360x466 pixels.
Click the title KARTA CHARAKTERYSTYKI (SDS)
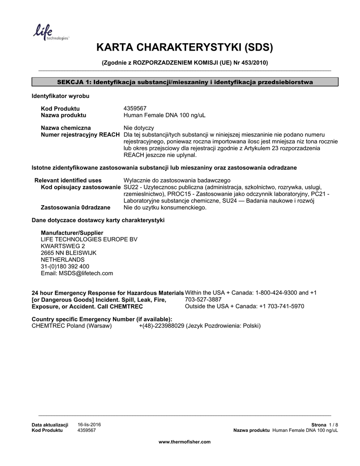click(184, 48)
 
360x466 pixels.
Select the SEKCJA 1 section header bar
click(184, 82)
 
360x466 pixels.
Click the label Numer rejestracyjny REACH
click(81, 135)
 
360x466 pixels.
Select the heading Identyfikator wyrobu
click(60, 96)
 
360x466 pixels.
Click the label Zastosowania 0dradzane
click(76, 208)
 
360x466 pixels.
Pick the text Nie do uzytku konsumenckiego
click(165, 208)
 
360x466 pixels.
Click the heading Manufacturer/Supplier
click(69, 233)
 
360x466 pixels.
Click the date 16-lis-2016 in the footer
click(89, 424)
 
